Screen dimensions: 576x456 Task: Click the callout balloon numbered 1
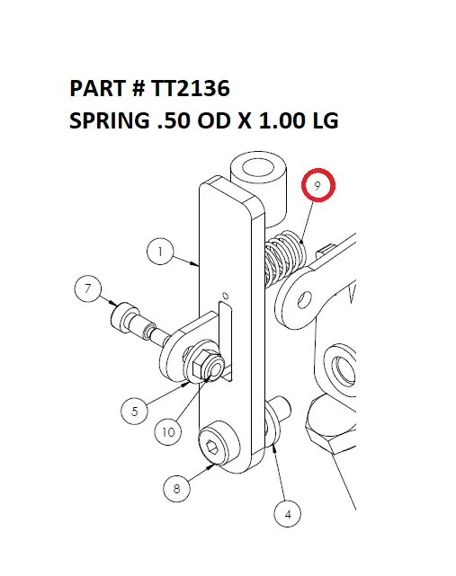(x=159, y=253)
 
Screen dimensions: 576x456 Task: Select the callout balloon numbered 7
(x=87, y=289)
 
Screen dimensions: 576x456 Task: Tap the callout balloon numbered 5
(x=134, y=412)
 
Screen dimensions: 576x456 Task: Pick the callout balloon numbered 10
(x=167, y=432)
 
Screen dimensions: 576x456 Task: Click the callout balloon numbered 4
(x=287, y=515)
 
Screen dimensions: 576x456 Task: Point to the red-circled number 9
(x=317, y=186)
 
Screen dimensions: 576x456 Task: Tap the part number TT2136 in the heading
(x=191, y=90)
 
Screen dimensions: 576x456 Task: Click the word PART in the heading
(x=95, y=90)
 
